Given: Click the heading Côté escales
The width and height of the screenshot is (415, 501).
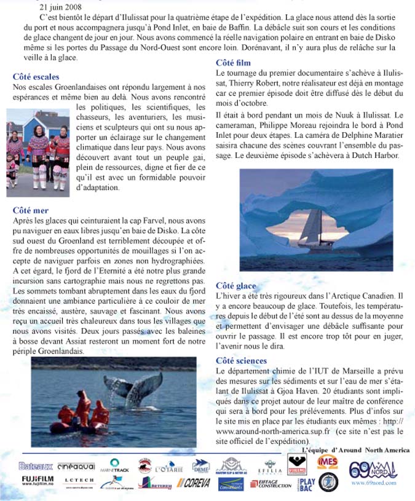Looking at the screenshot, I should coord(36,77).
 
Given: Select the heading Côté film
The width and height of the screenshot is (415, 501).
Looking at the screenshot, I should coord(233,63).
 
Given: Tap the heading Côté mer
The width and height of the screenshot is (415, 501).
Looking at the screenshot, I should coord(31,210).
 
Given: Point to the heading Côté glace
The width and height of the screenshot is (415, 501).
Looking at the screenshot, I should coord(236,286).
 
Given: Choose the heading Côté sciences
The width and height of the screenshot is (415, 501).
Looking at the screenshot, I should coord(241,361).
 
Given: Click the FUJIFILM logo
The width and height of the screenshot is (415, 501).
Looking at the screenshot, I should coord(37,480).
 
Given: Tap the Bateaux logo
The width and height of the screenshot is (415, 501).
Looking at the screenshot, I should coord(36,466).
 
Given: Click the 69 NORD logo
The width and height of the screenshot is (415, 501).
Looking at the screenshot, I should coord(373,469).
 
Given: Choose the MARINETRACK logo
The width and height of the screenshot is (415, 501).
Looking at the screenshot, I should coord(114,465).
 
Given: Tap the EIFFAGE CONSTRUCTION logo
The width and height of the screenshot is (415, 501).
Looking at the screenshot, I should coord(271,484).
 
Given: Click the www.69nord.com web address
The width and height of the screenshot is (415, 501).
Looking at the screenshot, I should coord(371,483).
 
